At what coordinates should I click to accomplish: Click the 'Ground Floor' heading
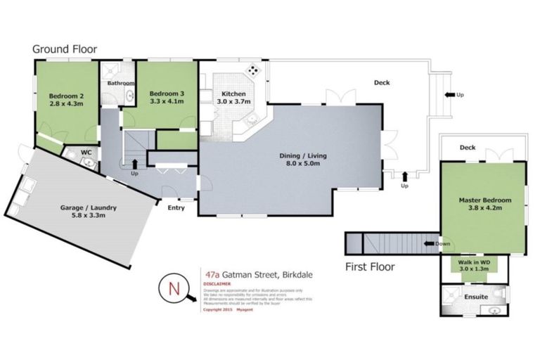[x=64, y=49]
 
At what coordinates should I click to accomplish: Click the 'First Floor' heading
[x=369, y=266]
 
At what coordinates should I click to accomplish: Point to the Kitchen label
[x=233, y=94]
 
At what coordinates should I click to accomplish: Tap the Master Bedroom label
[x=484, y=200]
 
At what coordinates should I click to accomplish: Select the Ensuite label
[x=476, y=297]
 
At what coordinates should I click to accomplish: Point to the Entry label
[x=176, y=207]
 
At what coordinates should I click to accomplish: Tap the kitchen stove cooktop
[x=252, y=71]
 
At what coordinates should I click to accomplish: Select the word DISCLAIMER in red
[x=215, y=284]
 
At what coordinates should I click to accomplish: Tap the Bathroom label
[x=120, y=83]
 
